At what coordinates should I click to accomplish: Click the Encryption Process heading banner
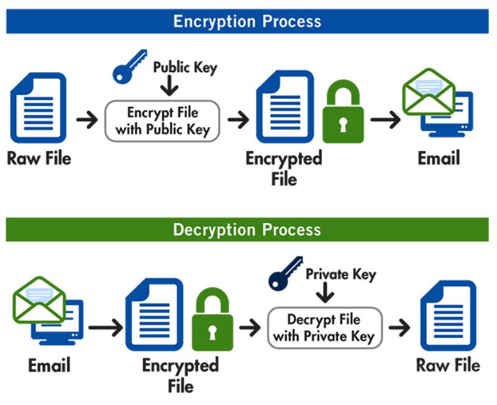[247, 21]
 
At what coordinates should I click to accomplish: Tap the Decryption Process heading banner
[247, 230]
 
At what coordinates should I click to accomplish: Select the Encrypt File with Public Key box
[162, 121]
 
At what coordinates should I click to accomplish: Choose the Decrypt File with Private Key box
[324, 328]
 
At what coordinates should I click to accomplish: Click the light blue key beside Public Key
[129, 67]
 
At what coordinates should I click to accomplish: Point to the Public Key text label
[185, 66]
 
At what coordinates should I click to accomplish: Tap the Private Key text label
[341, 273]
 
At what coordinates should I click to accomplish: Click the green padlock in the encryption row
[343, 114]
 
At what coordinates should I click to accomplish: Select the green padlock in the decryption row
[212, 322]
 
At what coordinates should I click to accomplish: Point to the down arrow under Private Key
[324, 293]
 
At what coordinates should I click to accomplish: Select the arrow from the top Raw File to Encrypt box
[88, 120]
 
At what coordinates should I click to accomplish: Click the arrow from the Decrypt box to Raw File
[400, 327]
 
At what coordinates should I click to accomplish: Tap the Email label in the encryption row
[439, 158]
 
